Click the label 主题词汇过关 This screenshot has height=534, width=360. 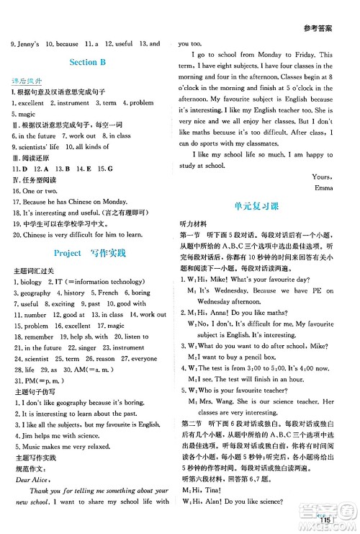[32, 271]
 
